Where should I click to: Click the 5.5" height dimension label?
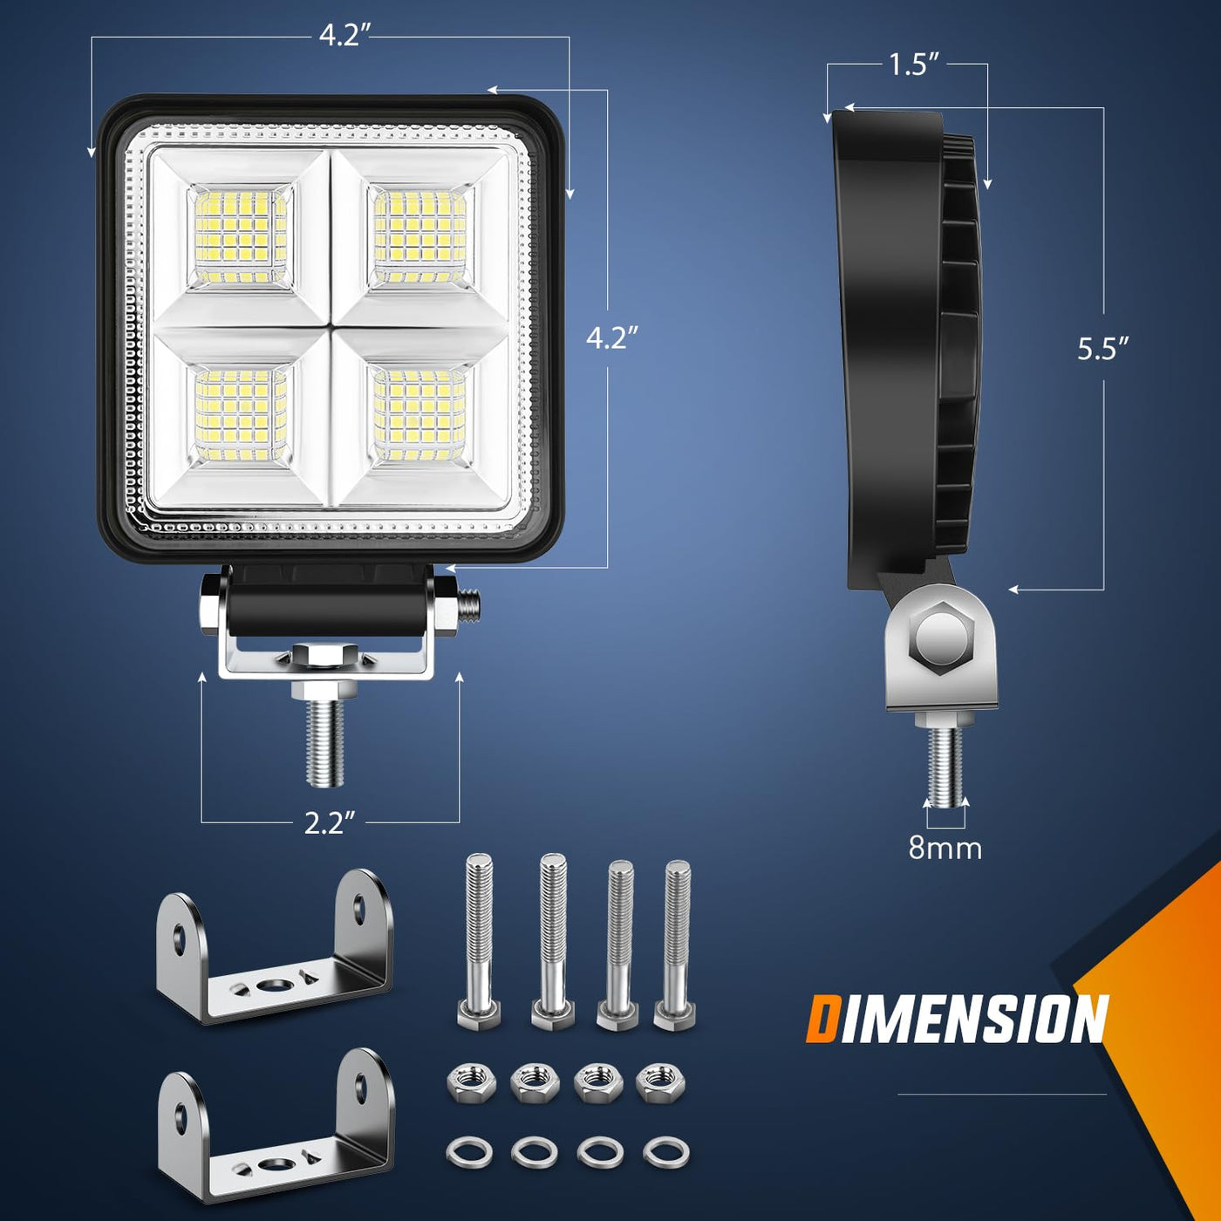tap(1103, 349)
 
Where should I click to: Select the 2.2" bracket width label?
tap(330, 822)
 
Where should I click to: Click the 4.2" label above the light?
tap(344, 36)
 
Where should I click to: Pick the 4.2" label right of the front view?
tap(611, 338)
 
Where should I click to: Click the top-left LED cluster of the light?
tap(240, 236)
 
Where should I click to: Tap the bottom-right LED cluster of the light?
tap(419, 415)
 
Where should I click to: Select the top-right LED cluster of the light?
tap(419, 236)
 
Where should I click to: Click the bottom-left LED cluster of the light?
tap(240, 415)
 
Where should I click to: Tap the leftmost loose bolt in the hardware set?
tap(479, 942)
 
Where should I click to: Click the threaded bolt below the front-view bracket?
tap(325, 738)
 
